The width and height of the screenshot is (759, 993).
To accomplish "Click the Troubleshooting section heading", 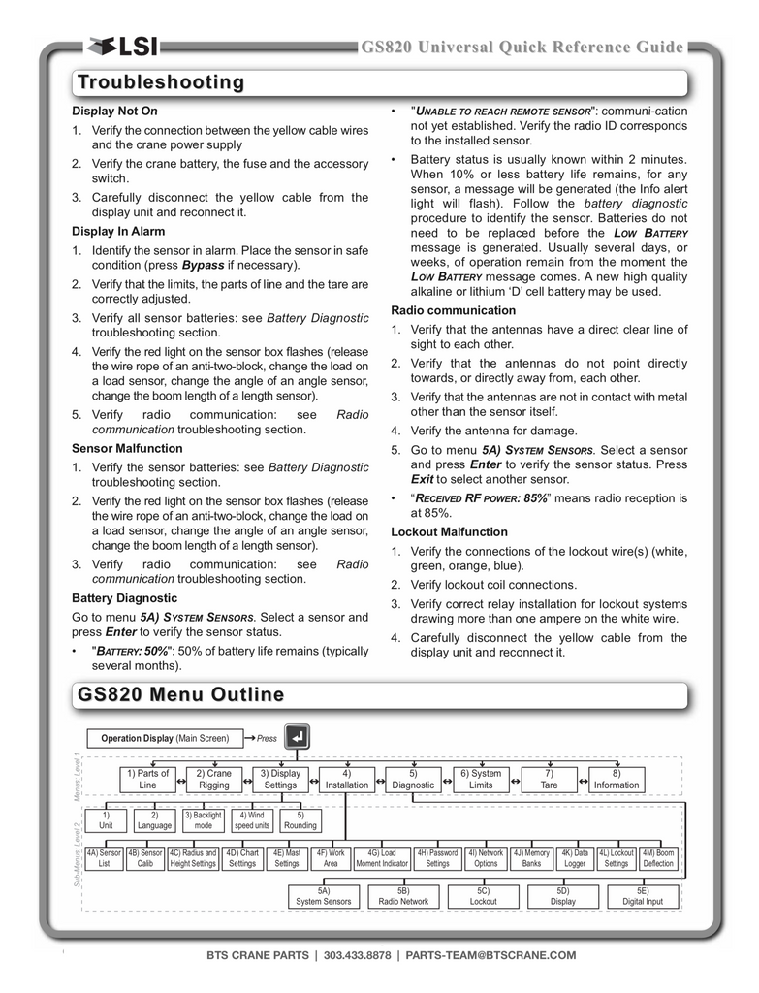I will pos(161,82).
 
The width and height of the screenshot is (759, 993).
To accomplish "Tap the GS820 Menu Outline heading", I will pos(181,694).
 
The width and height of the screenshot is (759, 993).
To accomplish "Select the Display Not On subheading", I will pos(114,112).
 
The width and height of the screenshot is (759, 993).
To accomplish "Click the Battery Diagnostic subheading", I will pos(124,598).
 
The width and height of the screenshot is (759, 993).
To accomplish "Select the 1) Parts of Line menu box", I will pos(147,779).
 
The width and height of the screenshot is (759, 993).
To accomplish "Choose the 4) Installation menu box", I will pos(346,779).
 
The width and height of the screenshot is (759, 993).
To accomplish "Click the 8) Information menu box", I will pos(617,779).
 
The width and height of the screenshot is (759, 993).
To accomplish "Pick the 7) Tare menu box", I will pos(550,779).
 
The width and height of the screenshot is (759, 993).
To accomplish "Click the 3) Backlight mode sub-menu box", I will pos(204,820).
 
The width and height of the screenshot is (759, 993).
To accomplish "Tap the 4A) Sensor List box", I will pos(105,858).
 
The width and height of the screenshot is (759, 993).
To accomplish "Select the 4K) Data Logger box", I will pos(575,858).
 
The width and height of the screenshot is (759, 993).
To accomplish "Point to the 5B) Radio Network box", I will pos(403,896).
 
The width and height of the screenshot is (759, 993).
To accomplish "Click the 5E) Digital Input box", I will pos(643,896).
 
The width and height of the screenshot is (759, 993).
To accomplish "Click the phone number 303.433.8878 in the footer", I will pos(357,955).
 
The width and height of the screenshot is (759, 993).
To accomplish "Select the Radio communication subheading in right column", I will pos(453,310).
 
